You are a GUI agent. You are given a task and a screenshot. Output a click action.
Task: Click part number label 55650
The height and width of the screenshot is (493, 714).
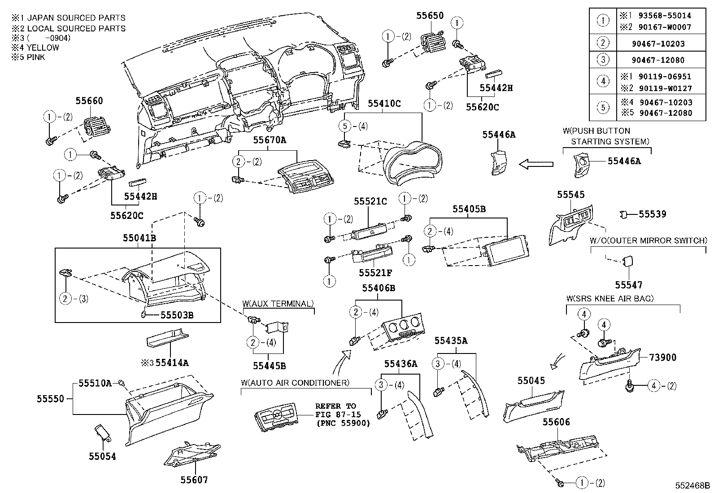coord(429,16)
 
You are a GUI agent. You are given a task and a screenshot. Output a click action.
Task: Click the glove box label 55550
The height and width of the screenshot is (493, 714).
coord(51,398)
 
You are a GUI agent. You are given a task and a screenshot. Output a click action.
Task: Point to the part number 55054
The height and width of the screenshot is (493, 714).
coord(102,456)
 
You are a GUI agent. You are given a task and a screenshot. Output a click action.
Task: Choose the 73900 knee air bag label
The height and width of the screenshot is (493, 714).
coord(662,358)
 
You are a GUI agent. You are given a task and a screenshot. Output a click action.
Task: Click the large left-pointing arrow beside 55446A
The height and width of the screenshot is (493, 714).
coord(535,164)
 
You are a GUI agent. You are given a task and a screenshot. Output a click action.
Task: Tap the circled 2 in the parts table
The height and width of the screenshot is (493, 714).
coord(603,43)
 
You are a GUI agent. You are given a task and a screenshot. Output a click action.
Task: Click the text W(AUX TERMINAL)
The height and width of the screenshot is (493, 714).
coord(278,304)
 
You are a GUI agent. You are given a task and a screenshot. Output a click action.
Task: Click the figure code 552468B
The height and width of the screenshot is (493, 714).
coord(693,486)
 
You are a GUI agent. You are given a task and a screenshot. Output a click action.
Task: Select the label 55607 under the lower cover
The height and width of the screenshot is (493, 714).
coord(194,480)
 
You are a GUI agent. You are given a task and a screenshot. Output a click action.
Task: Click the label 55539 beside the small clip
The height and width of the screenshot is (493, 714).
coord(652,214)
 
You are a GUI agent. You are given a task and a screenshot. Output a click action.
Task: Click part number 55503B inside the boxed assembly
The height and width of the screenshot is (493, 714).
coord(177,315)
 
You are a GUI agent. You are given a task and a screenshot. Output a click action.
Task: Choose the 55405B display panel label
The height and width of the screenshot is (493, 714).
coord(469,209)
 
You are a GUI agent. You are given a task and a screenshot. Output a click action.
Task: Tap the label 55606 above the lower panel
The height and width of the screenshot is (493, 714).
coord(556,422)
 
